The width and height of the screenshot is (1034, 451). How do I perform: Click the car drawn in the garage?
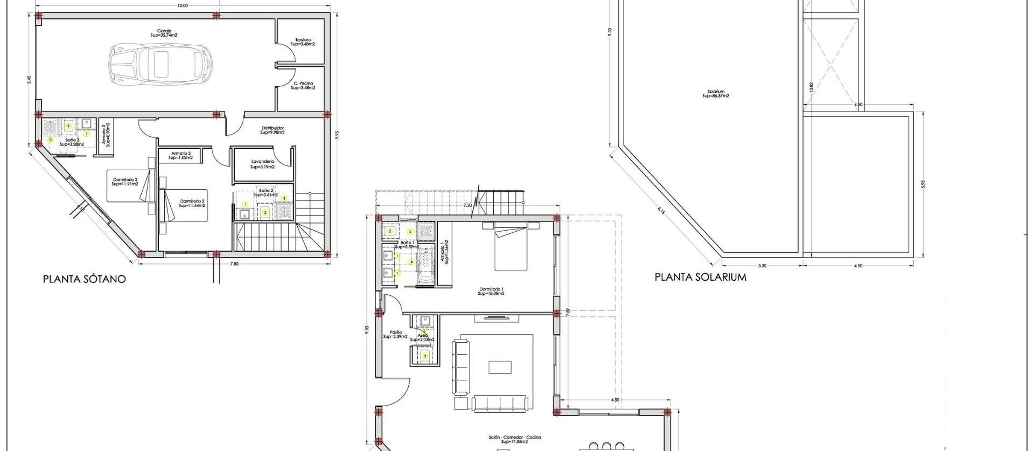pyautogui.click(x=161, y=63)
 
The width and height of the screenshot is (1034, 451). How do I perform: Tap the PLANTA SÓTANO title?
pyautogui.click(x=85, y=279)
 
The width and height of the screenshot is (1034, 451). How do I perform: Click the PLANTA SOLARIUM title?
pyautogui.click(x=700, y=277)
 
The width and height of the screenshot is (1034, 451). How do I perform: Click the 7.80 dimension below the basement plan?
pyautogui.click(x=234, y=263)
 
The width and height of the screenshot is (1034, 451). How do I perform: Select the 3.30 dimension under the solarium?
pyautogui.click(x=762, y=266)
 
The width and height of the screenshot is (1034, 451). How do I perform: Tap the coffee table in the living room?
pyautogui.click(x=499, y=367)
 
